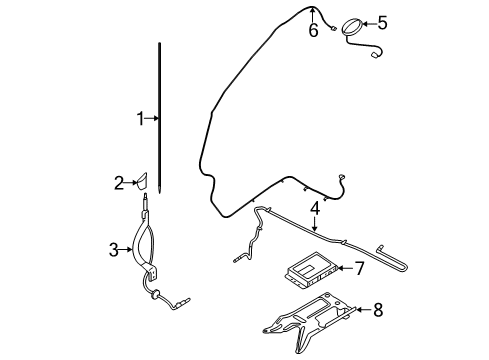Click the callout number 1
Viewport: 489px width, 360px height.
pos(141,119)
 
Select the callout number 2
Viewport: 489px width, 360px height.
pos(119,183)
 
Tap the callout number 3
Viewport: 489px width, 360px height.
pos(113,249)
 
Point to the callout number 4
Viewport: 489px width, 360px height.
pos(314,209)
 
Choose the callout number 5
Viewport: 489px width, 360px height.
pos(380,20)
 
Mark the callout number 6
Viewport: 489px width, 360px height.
pos(313,30)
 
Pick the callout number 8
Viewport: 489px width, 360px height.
pos(377,310)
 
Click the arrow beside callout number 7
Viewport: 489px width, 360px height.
pos(343,268)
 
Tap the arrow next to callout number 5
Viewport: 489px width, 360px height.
pos(366,21)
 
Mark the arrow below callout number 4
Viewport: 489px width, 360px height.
pos(314,225)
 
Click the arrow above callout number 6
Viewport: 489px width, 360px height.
pos(313,14)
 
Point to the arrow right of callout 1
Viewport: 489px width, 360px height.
pos(153,119)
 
